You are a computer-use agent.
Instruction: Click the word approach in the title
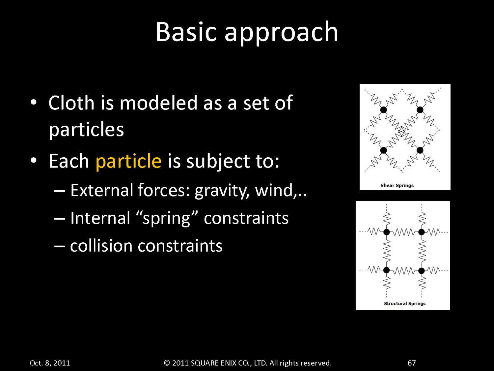[x=281, y=34]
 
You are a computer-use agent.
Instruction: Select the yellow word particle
[x=128, y=161]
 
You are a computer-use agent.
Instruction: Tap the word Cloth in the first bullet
[x=71, y=103]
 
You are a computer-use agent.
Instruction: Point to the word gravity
[x=222, y=191]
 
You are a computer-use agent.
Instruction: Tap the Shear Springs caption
[x=397, y=185]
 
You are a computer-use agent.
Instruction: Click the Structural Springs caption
[x=405, y=303]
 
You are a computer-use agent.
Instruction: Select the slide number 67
[x=412, y=363]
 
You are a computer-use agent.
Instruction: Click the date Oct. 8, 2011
[x=50, y=363]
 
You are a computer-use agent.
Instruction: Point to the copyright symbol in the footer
[x=167, y=363]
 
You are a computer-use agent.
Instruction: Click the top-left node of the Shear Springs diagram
[x=383, y=110]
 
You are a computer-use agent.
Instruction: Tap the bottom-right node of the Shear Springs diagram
[x=420, y=150]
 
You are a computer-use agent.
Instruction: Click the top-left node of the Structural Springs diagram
[x=387, y=232]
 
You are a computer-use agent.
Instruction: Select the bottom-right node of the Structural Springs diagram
[x=422, y=270]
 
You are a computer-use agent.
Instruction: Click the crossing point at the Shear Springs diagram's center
[x=402, y=131]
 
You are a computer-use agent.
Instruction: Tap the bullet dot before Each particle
[x=34, y=160]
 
